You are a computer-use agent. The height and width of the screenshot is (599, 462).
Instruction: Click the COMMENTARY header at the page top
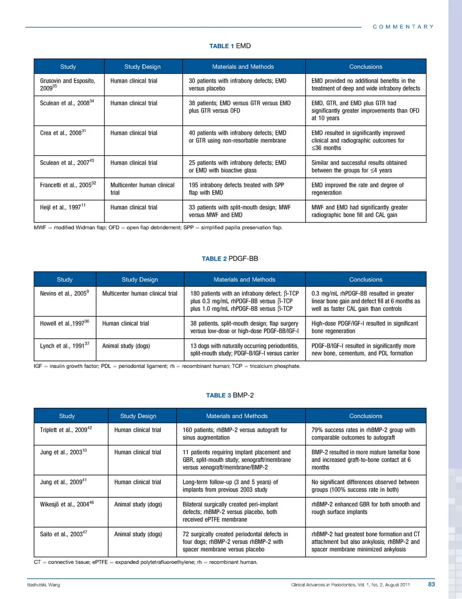(403, 27)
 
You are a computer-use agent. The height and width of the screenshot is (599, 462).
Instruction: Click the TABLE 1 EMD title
(230, 46)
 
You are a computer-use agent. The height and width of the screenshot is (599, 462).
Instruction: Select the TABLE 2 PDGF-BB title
(230, 259)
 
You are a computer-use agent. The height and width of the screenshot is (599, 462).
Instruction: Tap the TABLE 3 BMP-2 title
(230, 395)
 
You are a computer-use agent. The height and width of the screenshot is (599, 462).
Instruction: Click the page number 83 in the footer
(431, 585)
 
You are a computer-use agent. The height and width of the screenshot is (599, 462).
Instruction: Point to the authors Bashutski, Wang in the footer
(44, 585)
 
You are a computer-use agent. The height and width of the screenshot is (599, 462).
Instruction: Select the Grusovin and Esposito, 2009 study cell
(67, 84)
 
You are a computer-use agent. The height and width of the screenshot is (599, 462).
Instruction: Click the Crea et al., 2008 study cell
(63, 133)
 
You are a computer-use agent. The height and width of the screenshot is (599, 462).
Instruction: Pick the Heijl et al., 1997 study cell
(63, 207)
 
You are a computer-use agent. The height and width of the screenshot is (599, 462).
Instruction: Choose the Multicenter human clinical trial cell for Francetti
(142, 188)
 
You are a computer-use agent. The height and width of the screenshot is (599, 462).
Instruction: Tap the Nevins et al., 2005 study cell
(64, 293)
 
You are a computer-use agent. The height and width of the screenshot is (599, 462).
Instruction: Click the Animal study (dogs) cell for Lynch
(126, 346)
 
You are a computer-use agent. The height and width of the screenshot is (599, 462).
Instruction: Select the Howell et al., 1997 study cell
(64, 323)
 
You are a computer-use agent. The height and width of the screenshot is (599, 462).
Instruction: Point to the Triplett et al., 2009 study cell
(66, 430)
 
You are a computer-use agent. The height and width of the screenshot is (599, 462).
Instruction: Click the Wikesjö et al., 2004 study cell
(67, 504)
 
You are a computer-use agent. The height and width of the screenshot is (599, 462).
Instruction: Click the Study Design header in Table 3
(138, 416)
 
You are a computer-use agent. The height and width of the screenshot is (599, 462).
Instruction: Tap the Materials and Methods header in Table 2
(244, 280)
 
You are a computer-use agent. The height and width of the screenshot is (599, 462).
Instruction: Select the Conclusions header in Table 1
(366, 67)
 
